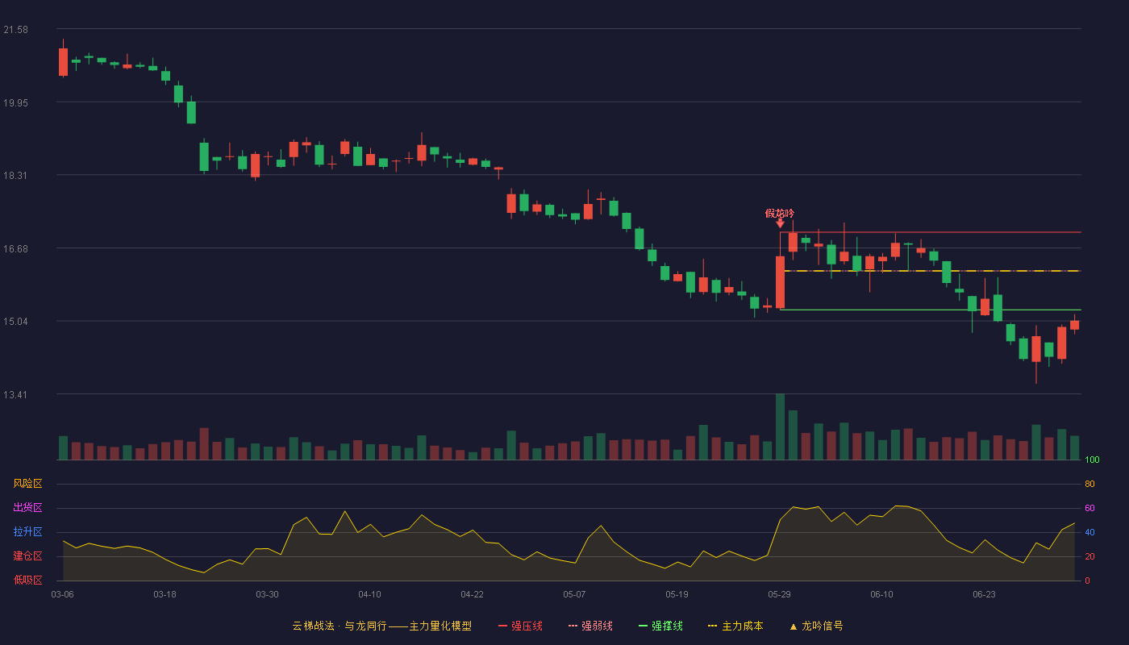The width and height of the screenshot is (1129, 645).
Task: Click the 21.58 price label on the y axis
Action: click(x=15, y=30)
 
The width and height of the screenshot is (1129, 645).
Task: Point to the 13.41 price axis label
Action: click(x=15, y=394)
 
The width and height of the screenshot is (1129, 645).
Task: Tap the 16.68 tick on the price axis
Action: click(x=15, y=249)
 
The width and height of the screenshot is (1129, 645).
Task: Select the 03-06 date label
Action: click(x=63, y=595)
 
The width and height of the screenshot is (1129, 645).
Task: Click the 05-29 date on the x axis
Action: click(x=779, y=595)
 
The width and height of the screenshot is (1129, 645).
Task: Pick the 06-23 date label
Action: click(x=985, y=595)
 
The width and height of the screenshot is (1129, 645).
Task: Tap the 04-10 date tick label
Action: click(x=369, y=595)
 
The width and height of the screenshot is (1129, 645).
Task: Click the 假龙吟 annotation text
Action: click(x=779, y=213)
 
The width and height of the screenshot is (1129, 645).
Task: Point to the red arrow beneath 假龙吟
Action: click(x=781, y=223)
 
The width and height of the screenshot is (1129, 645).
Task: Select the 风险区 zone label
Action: click(x=27, y=484)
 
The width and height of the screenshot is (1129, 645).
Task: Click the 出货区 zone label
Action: click(x=27, y=507)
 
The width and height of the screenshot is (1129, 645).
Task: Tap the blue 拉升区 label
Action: click(x=27, y=531)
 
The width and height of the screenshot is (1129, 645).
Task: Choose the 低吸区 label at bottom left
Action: click(x=27, y=580)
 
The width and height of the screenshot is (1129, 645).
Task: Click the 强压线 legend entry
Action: click(x=520, y=626)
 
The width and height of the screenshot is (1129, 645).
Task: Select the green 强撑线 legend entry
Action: click(x=660, y=626)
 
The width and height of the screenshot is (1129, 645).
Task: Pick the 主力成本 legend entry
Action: click(x=735, y=626)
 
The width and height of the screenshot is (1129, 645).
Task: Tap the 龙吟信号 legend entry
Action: click(x=816, y=626)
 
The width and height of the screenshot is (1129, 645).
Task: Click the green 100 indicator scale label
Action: click(x=1092, y=460)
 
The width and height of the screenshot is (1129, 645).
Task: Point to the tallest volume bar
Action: click(x=781, y=427)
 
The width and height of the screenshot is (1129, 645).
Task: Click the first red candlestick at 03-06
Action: click(x=63, y=62)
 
